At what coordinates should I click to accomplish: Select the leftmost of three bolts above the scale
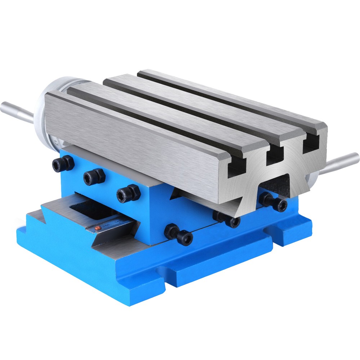point(63,164)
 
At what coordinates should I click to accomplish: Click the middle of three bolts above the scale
point(94,177)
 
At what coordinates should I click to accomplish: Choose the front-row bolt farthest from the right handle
point(179,235)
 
